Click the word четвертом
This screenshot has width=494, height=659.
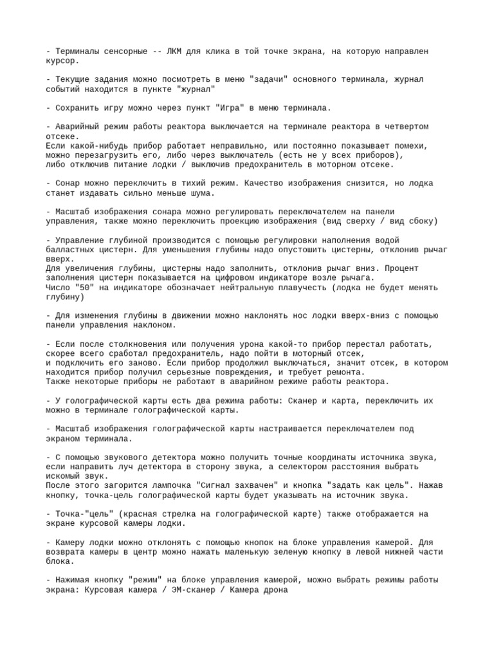(x=404, y=127)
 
